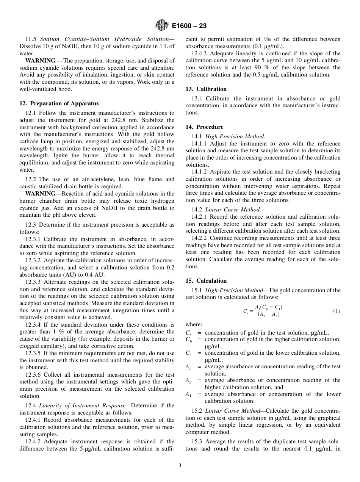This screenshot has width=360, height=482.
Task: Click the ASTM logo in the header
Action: click(x=162, y=26)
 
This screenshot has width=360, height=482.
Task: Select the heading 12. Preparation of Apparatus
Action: click(x=59, y=103)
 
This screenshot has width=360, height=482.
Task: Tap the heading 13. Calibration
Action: click(x=206, y=89)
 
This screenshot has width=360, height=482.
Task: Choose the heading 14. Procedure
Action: click(x=204, y=127)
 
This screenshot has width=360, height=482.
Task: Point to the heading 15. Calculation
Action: click(x=206, y=281)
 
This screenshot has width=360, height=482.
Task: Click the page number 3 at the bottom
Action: click(x=180, y=466)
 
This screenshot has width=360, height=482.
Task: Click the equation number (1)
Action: click(x=337, y=311)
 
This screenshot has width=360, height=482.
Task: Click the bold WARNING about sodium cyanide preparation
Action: click(x=40, y=61)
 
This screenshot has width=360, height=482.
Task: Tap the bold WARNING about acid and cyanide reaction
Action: click(x=40, y=194)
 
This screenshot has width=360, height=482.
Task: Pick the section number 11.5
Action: click(x=31, y=39)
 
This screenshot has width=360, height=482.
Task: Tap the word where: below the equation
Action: click(x=194, y=324)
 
